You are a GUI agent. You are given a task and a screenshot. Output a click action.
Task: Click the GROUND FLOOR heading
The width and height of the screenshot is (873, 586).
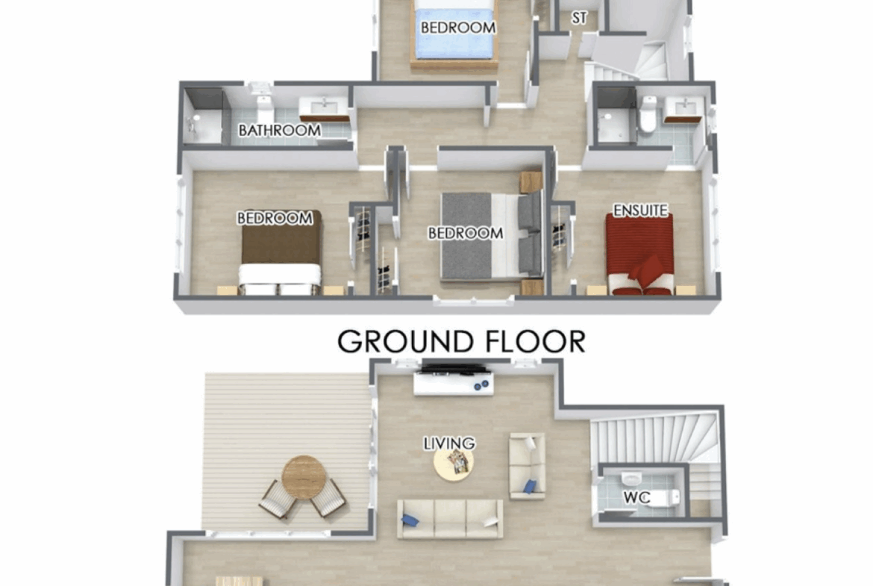462,341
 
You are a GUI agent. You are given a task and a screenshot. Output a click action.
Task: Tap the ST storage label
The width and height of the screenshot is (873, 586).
579,19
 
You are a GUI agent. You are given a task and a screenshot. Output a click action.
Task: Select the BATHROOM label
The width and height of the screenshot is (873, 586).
280,131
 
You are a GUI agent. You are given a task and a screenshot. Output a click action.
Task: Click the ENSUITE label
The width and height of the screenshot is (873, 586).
640,211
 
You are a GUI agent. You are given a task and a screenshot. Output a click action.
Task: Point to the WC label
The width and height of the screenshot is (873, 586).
637,497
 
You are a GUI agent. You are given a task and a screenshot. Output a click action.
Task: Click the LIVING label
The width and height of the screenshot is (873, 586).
449,443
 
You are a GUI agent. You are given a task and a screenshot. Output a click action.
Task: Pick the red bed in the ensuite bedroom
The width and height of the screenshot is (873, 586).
640,255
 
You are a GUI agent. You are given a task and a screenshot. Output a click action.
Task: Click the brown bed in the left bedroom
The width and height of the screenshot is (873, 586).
281,253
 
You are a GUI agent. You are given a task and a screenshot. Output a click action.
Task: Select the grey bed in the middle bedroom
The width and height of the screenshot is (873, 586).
492,236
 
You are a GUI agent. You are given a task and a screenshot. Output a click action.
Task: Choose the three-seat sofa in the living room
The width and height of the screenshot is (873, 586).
450,519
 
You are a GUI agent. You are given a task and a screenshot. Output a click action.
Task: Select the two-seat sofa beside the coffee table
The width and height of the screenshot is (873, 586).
527,467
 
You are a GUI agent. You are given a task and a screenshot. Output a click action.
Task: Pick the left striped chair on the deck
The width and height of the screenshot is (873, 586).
278,499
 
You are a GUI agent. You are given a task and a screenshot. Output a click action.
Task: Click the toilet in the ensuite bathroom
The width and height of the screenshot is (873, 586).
648,115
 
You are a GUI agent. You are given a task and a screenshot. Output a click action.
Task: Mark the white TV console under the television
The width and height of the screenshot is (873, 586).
454,384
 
